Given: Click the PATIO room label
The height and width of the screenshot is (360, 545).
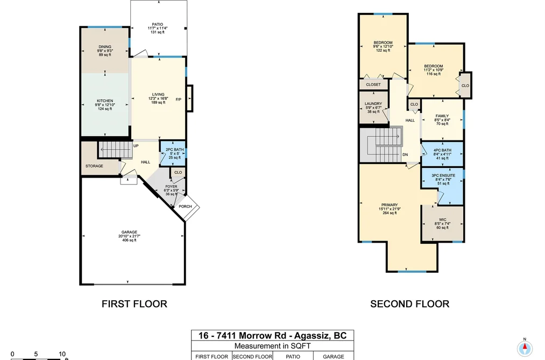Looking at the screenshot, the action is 158,24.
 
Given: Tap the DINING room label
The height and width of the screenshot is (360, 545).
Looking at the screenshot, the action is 105,47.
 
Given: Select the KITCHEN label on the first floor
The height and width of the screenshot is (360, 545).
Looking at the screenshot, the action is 105,101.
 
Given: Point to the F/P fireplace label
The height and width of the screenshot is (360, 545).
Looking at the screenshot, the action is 179,100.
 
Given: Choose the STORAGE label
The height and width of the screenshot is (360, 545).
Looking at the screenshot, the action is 94,166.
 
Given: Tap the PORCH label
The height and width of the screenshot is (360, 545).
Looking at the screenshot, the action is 185,207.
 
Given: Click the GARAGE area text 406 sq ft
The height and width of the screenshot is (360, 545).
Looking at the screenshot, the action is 129,240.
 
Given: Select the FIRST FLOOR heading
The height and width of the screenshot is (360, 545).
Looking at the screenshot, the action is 135,304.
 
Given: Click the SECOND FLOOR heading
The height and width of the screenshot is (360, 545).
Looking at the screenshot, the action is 410,304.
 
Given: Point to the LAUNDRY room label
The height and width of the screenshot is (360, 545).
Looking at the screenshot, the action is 373,103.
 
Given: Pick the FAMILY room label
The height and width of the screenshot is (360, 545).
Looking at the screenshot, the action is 442,116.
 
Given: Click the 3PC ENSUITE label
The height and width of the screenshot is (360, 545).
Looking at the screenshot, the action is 443,175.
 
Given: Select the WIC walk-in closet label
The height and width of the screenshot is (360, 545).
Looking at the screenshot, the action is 442,220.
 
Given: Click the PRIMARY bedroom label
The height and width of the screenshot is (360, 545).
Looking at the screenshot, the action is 390,205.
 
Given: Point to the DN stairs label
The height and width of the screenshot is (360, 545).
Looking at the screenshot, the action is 405,154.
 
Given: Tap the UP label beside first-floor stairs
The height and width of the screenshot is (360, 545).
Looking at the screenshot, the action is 136,146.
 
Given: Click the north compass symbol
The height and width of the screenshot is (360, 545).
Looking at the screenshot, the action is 525,348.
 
